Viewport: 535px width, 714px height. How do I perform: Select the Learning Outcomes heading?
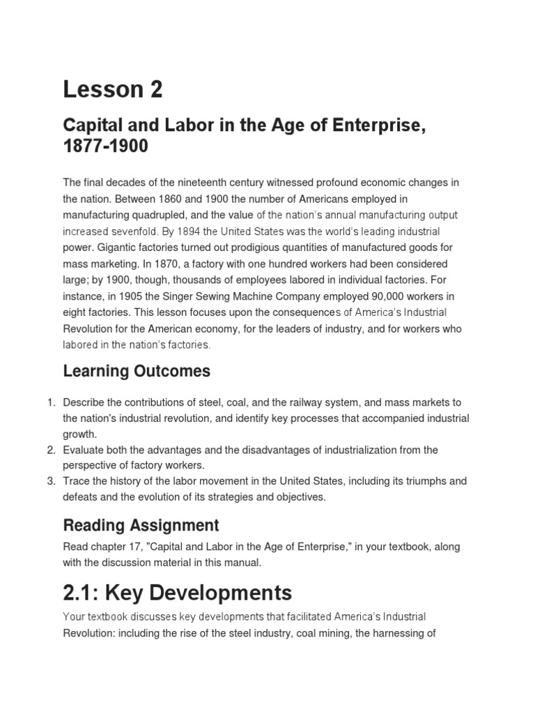click(137, 371)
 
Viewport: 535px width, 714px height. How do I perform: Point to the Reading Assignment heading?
click(141, 525)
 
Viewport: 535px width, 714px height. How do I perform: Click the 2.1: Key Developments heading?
click(178, 593)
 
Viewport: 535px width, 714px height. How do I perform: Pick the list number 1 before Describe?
click(50, 403)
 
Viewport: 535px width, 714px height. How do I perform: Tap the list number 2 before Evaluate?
click(50, 450)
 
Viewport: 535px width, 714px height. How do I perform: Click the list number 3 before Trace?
click(50, 482)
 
